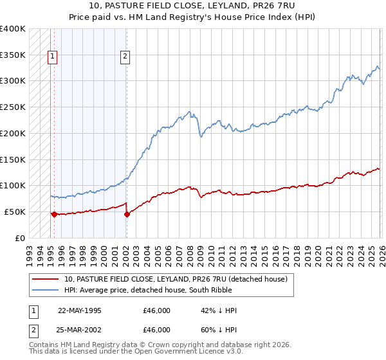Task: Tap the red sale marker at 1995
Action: pyautogui.click(x=54, y=214)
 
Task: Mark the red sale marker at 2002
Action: pyautogui.click(x=127, y=214)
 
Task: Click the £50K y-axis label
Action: pyautogui.click(x=13, y=212)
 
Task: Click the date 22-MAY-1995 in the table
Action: pyautogui.click(x=80, y=310)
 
